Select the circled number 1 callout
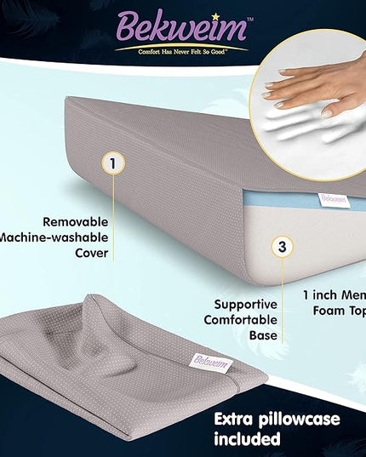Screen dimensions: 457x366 click(x=112, y=161)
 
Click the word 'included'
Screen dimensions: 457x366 click(x=247, y=439)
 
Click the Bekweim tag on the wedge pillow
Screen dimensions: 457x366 click(x=333, y=199)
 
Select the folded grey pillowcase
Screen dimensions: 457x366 click(x=119, y=366)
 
